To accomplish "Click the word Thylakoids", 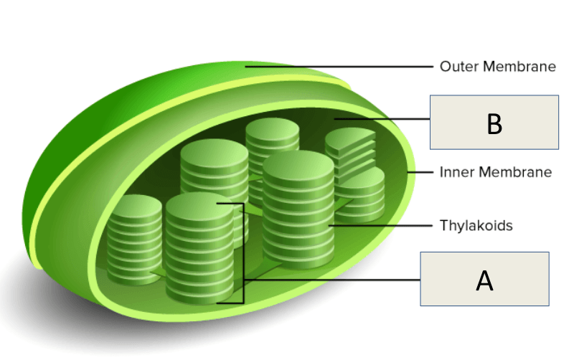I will (476, 225).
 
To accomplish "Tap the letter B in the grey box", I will (494, 123).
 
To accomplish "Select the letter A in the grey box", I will (484, 281).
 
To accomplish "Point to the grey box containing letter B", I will (494, 122).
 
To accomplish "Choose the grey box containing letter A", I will (484, 279).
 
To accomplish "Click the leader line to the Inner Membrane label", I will (423, 172).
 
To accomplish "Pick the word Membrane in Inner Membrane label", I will (516, 172).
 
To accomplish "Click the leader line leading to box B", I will (380, 119).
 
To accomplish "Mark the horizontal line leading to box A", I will (330, 280).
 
